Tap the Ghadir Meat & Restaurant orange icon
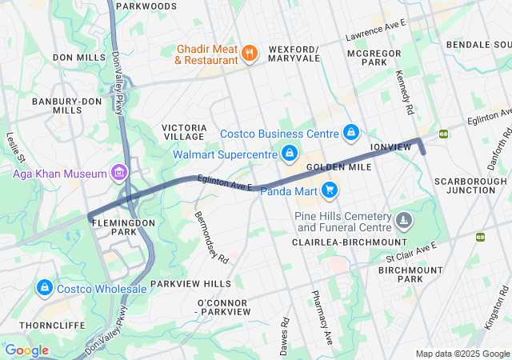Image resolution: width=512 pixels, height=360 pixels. coord(250,54)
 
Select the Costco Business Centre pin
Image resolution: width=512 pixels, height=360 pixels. coord(350,132)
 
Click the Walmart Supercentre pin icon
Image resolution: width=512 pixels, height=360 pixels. coord(290,152)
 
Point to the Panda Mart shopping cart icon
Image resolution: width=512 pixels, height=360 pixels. coord(330,190)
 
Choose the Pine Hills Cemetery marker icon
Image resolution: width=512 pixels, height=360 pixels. coord(406,218)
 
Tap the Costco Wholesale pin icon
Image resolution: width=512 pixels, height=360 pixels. coord(43,287)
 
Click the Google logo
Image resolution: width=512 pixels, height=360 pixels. coord(26,350)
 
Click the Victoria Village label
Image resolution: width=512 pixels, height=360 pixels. coord(186,132)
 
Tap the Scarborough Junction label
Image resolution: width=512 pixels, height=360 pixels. coord(470,186)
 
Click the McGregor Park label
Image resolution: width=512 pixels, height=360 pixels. coord(367,57)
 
